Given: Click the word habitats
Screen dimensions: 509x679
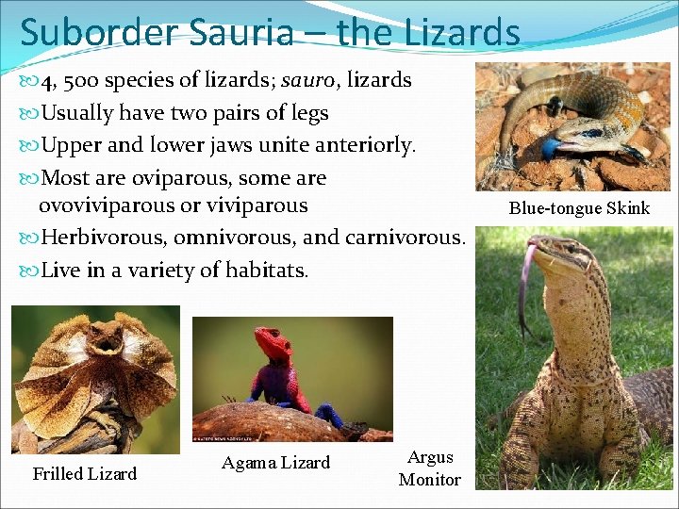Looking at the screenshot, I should tap(269, 271).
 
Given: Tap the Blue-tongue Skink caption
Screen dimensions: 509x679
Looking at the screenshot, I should tap(579, 208).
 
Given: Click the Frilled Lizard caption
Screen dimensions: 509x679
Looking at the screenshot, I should tap(85, 473).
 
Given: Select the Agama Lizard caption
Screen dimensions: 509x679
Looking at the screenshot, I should tap(275, 462).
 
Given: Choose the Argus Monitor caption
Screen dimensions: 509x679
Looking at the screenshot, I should tap(430, 468).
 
